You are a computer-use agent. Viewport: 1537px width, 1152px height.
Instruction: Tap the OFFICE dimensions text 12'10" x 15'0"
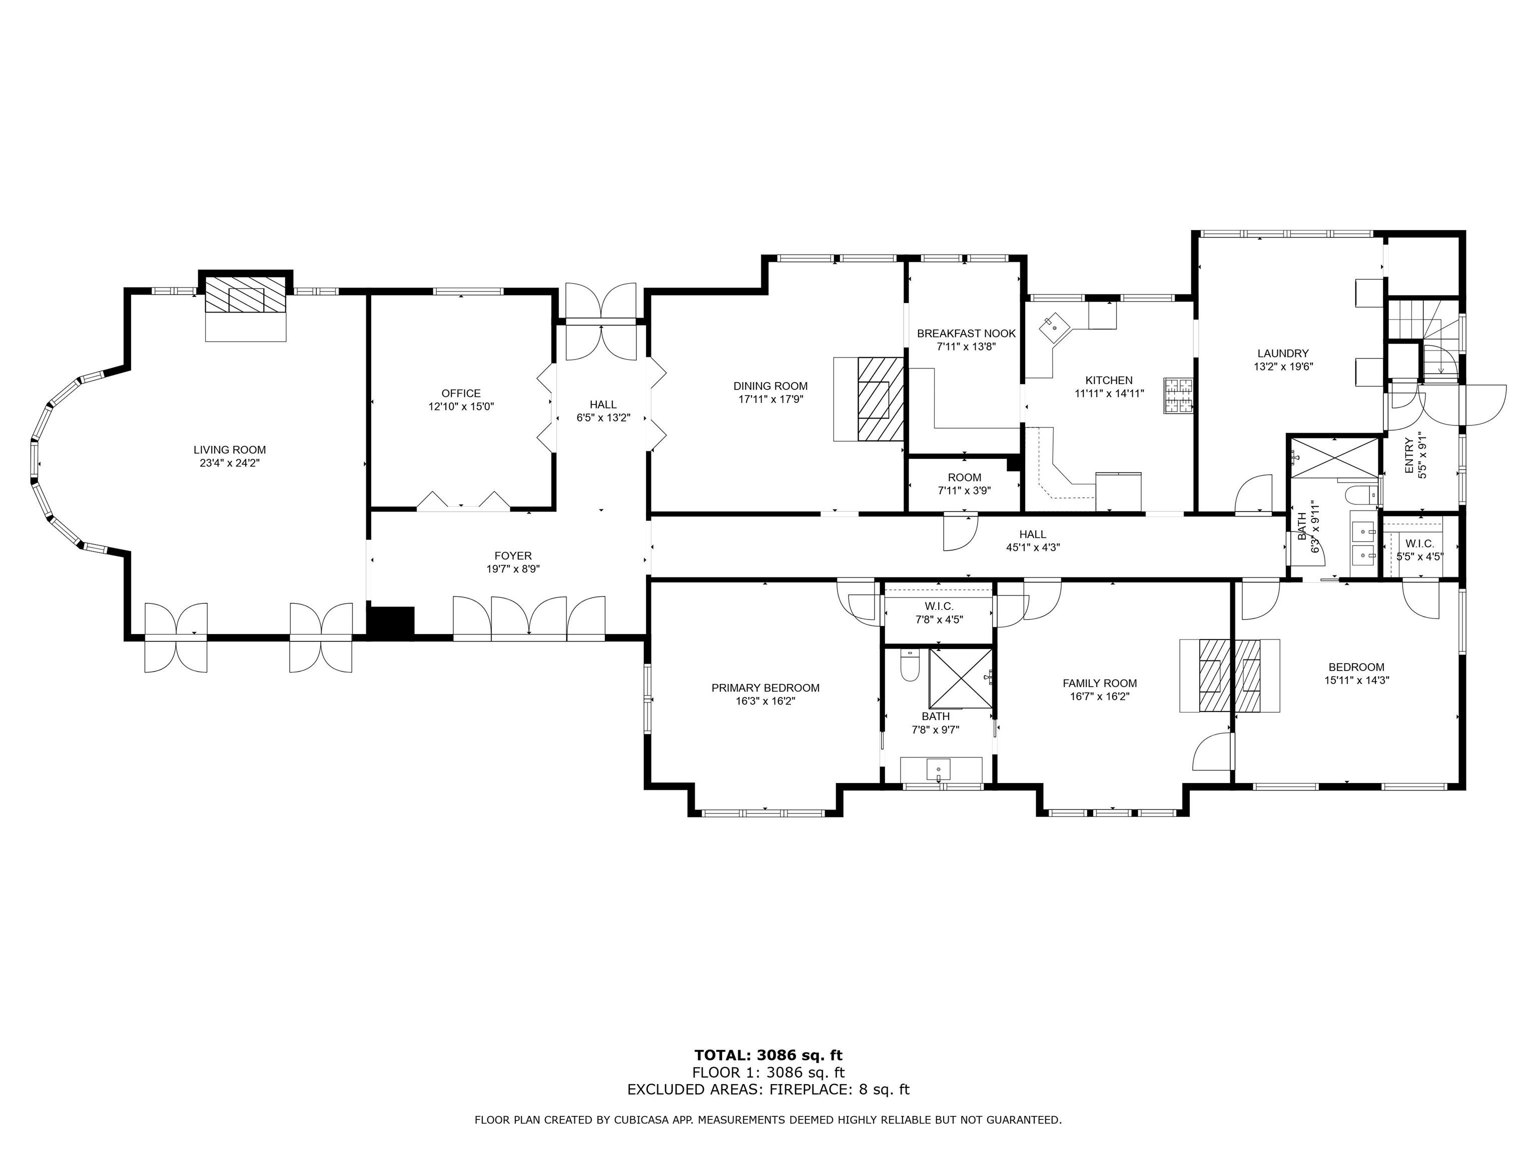pos(461,407)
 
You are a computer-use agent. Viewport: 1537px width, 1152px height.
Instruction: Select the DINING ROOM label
pos(771,386)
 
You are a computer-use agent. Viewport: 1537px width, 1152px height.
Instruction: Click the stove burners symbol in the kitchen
pos(1178,396)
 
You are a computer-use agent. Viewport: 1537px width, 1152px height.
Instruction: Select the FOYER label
pos(513,555)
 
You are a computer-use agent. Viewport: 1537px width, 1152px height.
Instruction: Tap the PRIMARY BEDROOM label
pos(765,687)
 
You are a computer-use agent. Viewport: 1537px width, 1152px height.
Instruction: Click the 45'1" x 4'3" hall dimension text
pos(1033,547)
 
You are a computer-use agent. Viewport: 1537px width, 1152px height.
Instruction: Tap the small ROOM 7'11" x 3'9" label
pos(965,484)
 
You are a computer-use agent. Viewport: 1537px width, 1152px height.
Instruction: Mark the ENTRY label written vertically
pos(1408,455)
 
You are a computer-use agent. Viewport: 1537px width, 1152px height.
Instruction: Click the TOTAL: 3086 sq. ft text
pos(768,1056)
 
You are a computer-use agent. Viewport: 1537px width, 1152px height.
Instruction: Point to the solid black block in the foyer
pos(390,621)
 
